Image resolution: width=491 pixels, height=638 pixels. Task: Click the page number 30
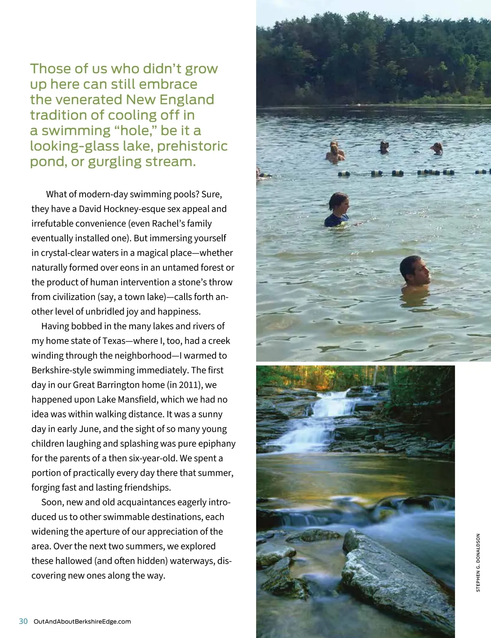tap(23, 621)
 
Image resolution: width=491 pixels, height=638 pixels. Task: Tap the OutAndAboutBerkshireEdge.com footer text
tap(82, 622)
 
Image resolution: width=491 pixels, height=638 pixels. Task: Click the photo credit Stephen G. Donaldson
tap(478, 562)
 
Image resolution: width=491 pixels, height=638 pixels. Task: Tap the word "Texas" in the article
tap(114, 341)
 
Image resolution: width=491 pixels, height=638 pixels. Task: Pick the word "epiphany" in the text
tap(217, 443)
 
